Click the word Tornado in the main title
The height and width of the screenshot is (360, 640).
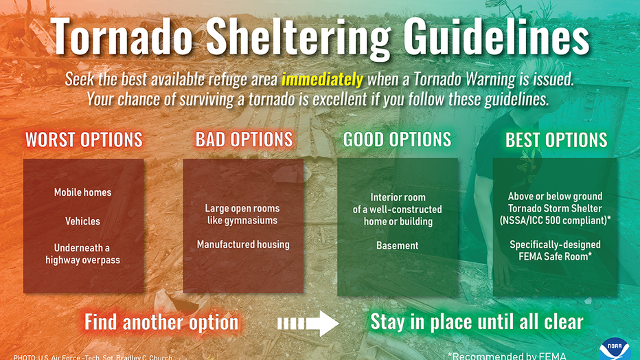pos(121,36)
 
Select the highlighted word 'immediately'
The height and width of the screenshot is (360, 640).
pos(322,78)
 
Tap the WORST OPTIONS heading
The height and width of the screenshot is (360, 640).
pos(84,139)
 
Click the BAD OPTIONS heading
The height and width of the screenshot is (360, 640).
pos(244,139)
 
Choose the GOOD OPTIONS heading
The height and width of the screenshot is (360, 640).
pos(397,139)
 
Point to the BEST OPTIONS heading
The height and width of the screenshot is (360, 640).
pos(556,140)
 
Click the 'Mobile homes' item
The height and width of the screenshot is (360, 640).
pos(82,192)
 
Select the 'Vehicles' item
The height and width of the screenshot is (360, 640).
pos(82,221)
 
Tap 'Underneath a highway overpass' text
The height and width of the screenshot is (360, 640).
pos(82,254)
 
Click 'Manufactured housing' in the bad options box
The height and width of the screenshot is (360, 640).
pos(243,245)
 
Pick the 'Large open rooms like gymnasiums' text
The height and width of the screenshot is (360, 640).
pos(242,214)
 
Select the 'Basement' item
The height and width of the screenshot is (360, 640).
pos(397,245)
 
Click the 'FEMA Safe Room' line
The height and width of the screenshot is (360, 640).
pos(555,257)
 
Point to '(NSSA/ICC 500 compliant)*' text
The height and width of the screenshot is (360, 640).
pos(555,221)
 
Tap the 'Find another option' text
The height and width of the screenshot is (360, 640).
pos(161,322)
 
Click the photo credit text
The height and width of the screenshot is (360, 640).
pos(93,357)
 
